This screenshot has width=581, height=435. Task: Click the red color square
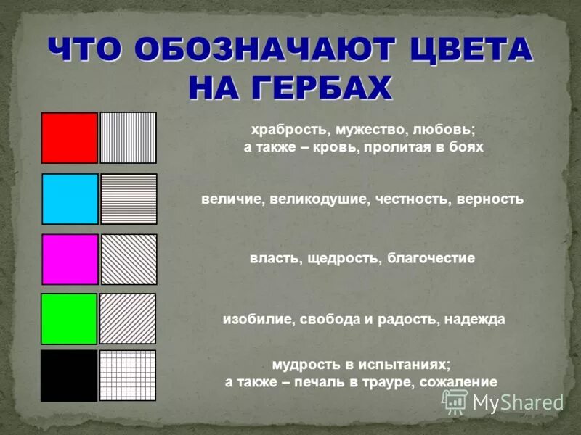coord(69,138)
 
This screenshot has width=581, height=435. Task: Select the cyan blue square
coord(70,199)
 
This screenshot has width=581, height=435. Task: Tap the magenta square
coord(70,259)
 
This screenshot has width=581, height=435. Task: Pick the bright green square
coord(69,318)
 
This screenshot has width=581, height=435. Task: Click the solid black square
coord(69,376)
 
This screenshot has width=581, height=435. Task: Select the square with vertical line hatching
coord(128,138)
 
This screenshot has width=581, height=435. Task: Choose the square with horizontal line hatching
coord(129,199)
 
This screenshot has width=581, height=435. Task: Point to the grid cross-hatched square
coord(128,376)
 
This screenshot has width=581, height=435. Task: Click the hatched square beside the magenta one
coord(129,259)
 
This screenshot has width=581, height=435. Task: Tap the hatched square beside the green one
coord(128,318)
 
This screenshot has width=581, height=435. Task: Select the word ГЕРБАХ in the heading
coord(319,87)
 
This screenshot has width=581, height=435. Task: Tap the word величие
coord(231,199)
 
